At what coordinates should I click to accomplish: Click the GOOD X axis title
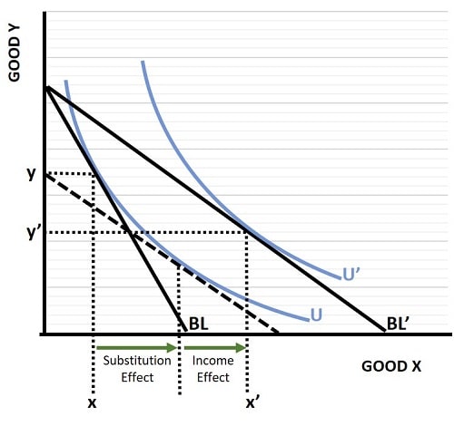pos(391,367)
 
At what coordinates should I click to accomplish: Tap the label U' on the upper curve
pos(351,273)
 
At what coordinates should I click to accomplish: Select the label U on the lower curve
pos(317,315)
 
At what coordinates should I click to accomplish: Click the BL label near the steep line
pos(199,323)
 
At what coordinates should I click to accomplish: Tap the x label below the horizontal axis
pos(93,401)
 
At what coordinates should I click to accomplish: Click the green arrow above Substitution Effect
pos(136,347)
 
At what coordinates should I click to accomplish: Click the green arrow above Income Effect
pos(214,347)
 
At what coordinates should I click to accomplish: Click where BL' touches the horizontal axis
pos(385,333)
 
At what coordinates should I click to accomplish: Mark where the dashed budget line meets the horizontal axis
pos(278,333)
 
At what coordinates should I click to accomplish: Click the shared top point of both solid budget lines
pos(44,87)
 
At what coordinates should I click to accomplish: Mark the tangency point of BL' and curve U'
pos(247,232)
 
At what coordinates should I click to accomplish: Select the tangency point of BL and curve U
pos(94,174)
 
